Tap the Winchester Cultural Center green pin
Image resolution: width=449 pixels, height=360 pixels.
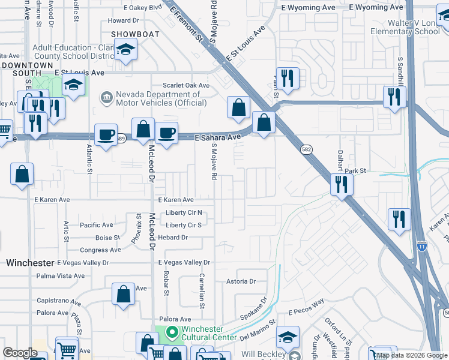point(171,331)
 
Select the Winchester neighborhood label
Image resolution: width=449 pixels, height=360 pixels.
point(31,263)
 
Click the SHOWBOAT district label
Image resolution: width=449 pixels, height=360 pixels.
point(134,34)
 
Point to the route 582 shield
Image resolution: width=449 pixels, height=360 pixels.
point(306,150)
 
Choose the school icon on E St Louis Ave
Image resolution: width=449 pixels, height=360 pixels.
point(73,86)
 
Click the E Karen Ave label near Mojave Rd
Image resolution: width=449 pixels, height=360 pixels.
point(175,200)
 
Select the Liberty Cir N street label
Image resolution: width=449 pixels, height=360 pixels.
point(184,213)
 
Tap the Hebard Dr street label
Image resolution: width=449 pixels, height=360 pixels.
point(173,238)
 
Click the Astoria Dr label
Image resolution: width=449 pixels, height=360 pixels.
point(241,281)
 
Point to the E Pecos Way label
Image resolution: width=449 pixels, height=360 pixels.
point(306,313)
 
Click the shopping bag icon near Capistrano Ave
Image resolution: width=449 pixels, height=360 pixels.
point(123,294)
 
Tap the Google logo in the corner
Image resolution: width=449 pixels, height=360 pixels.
point(20,353)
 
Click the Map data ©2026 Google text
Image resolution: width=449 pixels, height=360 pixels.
point(412,356)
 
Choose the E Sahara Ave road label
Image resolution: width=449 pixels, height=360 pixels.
point(218,137)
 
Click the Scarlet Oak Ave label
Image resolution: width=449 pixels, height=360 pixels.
point(187,86)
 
